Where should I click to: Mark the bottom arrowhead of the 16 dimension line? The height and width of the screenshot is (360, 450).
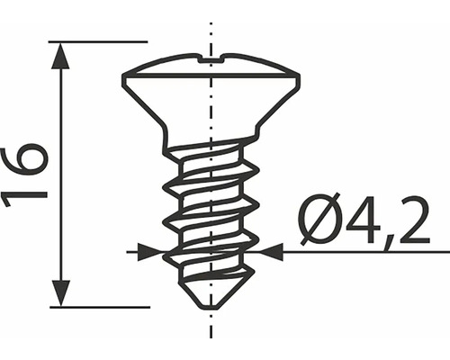[60, 293]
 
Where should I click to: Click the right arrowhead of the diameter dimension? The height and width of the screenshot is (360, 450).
[269, 252]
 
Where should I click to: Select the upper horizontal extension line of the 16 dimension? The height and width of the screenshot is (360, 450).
[99, 41]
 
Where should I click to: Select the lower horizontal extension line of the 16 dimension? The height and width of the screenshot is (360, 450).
[99, 307]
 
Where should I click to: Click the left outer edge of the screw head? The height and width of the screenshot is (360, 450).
[124, 78]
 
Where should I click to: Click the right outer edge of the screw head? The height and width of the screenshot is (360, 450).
[298, 78]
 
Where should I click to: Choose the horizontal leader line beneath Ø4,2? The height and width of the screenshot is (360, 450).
[360, 252]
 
